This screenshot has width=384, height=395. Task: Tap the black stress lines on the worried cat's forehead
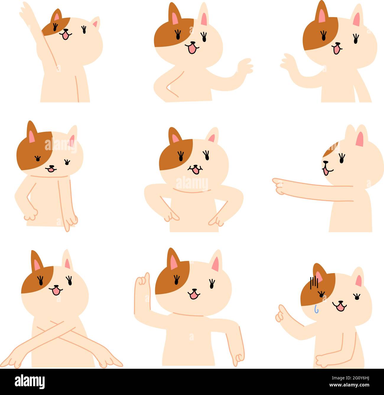(x=313, y=283)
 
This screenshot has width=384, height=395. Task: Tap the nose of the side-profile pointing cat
(x=324, y=162)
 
